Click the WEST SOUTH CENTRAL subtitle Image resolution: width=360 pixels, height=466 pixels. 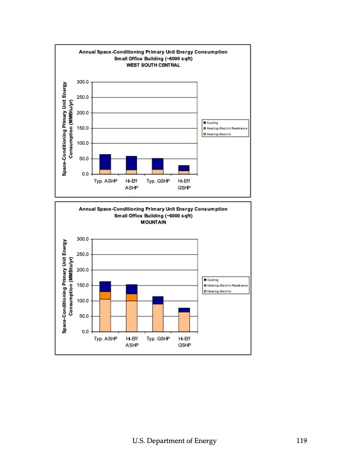point(153,65)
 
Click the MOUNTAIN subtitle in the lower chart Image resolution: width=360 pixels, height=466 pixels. point(153,222)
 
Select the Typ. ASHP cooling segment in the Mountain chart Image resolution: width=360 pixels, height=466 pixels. point(105,287)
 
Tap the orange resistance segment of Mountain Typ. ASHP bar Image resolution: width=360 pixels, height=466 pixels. point(105,295)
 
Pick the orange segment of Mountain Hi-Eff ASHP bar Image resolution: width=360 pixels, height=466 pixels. point(132,298)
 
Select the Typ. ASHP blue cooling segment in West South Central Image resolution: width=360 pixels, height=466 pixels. point(105,162)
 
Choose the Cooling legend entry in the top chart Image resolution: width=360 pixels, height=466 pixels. point(213,122)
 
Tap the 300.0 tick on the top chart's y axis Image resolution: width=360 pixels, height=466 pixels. point(82,82)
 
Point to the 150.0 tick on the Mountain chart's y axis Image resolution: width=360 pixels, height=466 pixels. point(82,285)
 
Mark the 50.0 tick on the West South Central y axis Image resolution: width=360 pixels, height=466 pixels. point(84,159)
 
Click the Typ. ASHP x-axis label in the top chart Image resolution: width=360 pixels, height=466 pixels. point(105,181)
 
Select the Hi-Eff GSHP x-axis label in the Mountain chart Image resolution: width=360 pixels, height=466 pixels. point(184,341)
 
